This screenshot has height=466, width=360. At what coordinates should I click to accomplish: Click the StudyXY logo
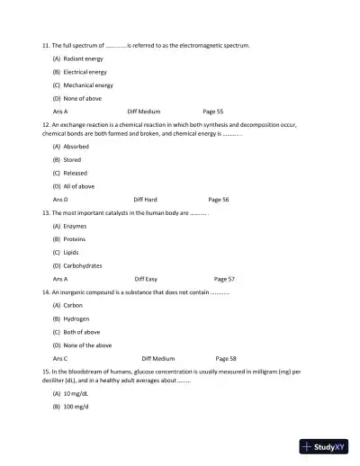323,445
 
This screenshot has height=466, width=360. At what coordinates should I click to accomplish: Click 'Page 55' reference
213,111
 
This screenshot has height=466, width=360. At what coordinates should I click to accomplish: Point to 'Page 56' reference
219,199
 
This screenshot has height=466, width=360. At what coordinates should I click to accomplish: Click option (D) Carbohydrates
76,265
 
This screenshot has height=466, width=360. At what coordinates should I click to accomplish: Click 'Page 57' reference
224,279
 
